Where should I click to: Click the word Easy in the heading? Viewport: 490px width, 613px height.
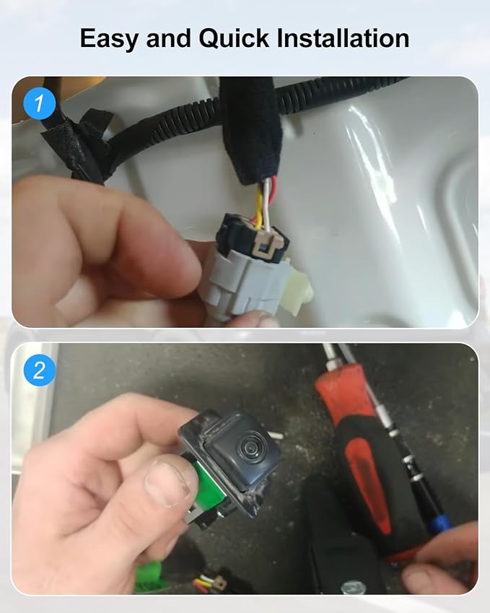109,39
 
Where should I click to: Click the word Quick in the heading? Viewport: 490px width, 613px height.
234,38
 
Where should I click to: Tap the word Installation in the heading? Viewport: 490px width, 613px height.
343,38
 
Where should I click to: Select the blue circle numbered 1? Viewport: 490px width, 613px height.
39,103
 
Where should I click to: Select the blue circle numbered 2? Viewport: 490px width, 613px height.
39,370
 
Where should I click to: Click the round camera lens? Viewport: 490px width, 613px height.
251,445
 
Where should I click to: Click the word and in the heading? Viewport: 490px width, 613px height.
168,38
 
